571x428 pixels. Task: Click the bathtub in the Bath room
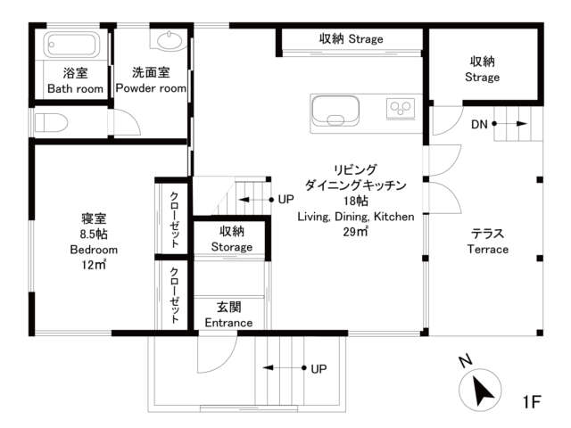point(71,45)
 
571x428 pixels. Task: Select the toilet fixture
point(51,123)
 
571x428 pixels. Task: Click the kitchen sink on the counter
point(335,111)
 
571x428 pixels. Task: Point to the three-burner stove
point(401,109)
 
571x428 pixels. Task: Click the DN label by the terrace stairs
point(479,125)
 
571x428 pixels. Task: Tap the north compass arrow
point(483,391)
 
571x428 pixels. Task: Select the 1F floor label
point(532,402)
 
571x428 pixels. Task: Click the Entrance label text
point(228,323)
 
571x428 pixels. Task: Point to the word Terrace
point(488,250)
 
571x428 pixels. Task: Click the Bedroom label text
point(94,250)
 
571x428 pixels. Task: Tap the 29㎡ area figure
point(355,232)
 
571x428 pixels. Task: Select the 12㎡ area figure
point(94,265)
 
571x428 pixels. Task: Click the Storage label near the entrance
point(232,247)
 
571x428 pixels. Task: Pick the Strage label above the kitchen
point(366,39)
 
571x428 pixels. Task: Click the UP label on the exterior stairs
point(319,369)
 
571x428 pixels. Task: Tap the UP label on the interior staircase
point(285,200)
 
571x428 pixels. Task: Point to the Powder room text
point(151,88)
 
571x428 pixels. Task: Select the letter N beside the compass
point(466,361)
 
